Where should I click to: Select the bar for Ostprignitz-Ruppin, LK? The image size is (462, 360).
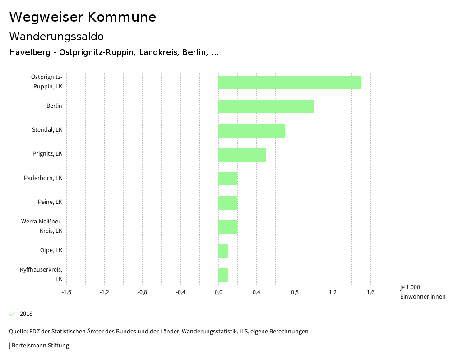(x=289, y=83)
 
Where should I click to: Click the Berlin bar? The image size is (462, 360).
(x=266, y=106)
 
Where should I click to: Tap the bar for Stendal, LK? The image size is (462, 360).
(x=251, y=131)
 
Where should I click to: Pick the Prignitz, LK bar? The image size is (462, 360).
(x=242, y=155)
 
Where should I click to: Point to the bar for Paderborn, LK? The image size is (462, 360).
(x=228, y=179)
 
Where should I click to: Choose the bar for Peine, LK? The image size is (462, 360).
(x=228, y=203)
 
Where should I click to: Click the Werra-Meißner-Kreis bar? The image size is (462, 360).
(x=228, y=227)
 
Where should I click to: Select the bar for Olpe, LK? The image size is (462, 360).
(x=223, y=251)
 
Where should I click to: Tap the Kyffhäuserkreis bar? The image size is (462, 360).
(x=223, y=275)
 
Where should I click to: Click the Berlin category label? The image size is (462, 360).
(x=54, y=106)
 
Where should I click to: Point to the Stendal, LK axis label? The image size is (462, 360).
(x=47, y=130)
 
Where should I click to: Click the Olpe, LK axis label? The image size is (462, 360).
(x=51, y=250)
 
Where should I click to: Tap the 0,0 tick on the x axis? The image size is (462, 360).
(x=218, y=292)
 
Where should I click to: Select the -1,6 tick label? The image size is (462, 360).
(x=66, y=292)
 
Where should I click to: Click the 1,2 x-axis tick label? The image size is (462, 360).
(x=333, y=292)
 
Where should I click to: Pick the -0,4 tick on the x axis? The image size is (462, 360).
(x=180, y=292)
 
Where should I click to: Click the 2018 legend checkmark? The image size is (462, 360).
(x=12, y=314)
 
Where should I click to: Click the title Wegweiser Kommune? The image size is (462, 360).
(x=83, y=17)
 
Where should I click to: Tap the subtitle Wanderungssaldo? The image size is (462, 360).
(x=56, y=36)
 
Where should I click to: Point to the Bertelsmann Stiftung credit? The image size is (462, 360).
(x=40, y=346)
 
